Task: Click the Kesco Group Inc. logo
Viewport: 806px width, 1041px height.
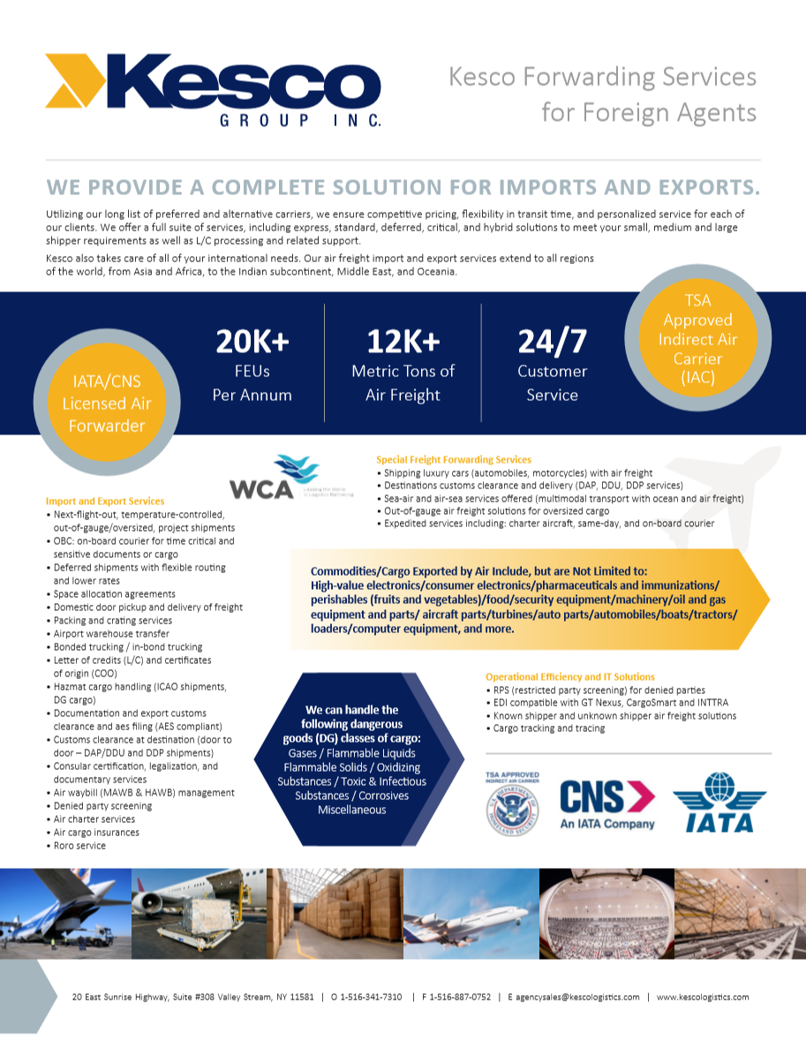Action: [x=213, y=88]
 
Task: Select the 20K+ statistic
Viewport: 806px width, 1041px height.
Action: [x=252, y=342]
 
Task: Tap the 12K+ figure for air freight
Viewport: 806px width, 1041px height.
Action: [x=403, y=342]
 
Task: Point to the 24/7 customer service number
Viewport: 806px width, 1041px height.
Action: [x=552, y=342]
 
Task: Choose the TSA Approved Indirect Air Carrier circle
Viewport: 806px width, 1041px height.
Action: [x=697, y=340]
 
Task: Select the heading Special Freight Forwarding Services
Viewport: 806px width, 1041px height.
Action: [x=454, y=459]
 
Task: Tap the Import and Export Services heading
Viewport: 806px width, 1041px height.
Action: [x=105, y=501]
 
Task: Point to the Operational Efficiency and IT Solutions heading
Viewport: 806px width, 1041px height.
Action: [x=570, y=676]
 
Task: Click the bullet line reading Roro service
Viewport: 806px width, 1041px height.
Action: [x=79, y=845]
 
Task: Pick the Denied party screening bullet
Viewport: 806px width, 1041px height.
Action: [x=102, y=805]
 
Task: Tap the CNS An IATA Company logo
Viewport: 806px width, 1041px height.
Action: [x=607, y=803]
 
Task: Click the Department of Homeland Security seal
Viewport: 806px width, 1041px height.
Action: [x=512, y=808]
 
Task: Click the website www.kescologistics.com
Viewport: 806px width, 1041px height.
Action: [x=702, y=997]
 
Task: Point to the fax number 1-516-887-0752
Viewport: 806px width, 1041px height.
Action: [x=460, y=997]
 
